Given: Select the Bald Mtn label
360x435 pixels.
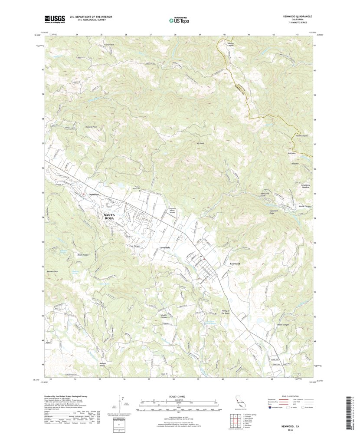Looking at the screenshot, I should click(291, 153).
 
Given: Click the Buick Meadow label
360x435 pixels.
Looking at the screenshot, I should click(83, 255).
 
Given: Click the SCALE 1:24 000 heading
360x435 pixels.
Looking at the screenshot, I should click(178, 396).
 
